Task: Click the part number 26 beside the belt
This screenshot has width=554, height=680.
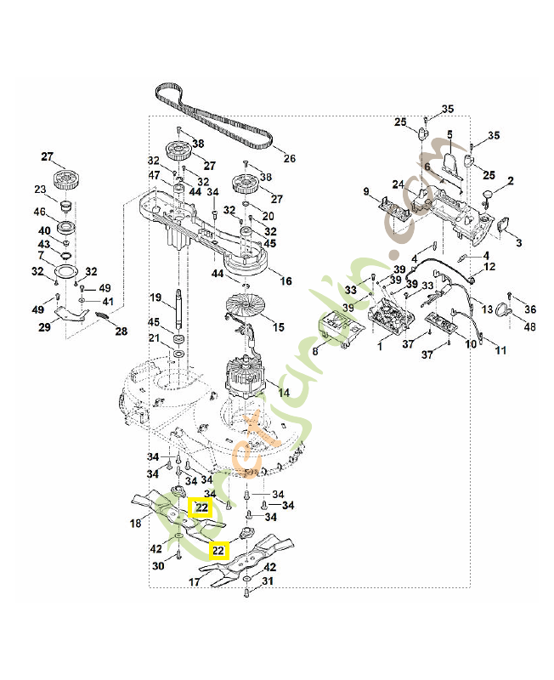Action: (x=289, y=158)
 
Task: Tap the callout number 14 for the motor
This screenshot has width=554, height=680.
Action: (x=284, y=393)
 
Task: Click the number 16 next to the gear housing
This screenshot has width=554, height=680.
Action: (x=285, y=280)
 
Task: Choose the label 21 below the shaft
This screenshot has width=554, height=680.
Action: (x=154, y=338)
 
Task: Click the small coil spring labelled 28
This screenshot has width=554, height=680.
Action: (x=102, y=317)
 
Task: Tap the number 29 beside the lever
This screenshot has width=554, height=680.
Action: (x=45, y=326)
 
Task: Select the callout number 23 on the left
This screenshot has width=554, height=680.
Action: (x=40, y=190)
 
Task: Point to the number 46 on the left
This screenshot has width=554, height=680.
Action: (x=39, y=212)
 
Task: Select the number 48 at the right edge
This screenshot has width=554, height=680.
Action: (x=529, y=327)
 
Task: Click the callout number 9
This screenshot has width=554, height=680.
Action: (x=366, y=192)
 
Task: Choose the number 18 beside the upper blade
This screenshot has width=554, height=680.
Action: (x=135, y=524)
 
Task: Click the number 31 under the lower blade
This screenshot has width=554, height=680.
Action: (x=269, y=582)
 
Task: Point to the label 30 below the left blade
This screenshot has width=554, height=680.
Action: (x=158, y=567)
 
